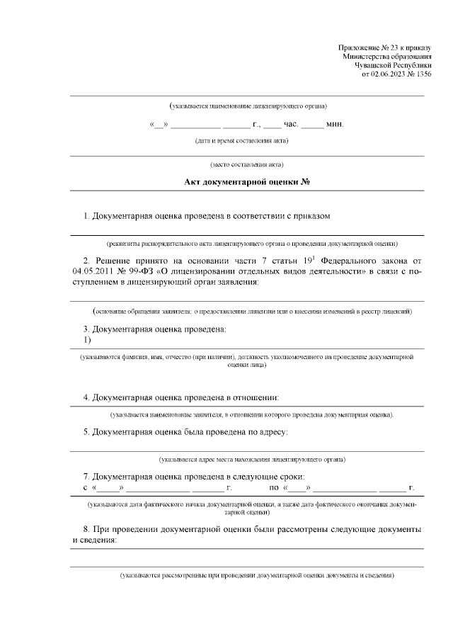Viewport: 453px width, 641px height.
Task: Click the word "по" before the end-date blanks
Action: [x=274, y=487]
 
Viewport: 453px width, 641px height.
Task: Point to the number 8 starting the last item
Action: [x=86, y=529]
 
